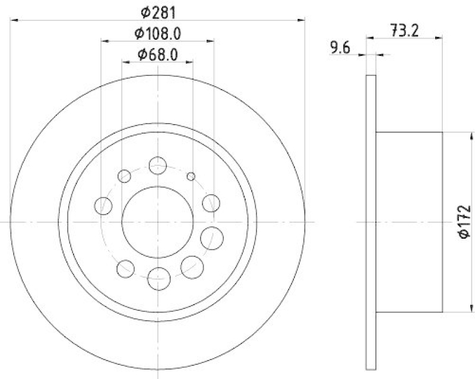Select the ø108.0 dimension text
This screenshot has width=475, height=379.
[158, 33]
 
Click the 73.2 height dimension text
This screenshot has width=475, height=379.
[405, 30]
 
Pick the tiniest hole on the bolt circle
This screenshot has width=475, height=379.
[191, 176]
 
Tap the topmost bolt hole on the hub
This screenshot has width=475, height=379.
[158, 166]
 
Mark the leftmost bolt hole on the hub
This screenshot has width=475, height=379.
[103, 206]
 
